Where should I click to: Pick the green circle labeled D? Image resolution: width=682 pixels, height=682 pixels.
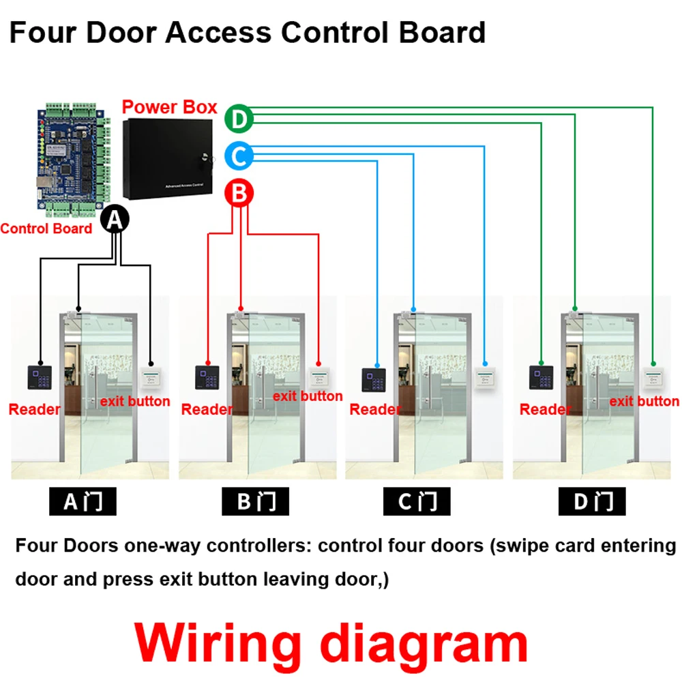[239, 119]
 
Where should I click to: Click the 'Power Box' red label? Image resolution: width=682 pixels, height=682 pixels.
[169, 107]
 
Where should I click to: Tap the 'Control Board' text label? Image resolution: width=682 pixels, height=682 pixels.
[46, 228]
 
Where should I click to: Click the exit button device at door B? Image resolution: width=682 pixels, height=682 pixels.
[318, 377]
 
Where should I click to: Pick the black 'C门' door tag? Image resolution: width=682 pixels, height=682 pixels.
[417, 502]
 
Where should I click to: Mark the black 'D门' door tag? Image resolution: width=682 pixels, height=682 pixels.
[591, 502]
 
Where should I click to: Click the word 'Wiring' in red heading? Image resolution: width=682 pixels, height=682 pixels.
[217, 643]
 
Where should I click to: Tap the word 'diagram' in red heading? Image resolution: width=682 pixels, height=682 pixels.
[424, 643]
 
